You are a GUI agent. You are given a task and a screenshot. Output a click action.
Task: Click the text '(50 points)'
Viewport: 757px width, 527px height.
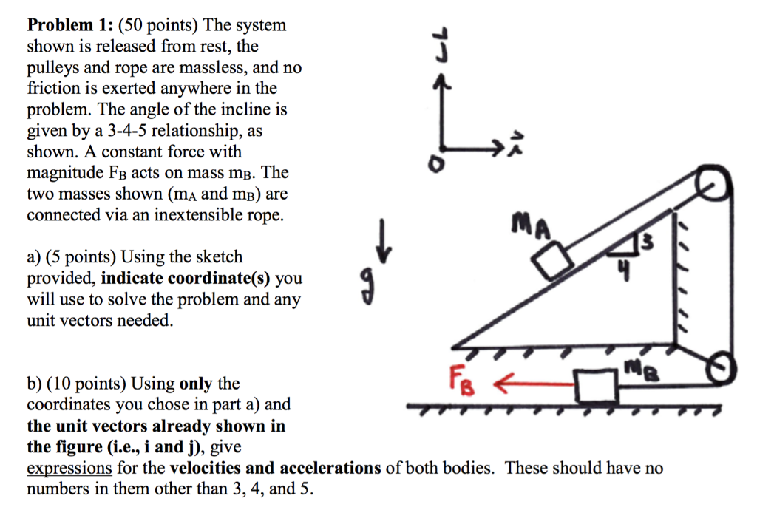154,25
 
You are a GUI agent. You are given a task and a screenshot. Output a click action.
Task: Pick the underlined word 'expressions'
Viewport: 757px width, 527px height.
69,468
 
